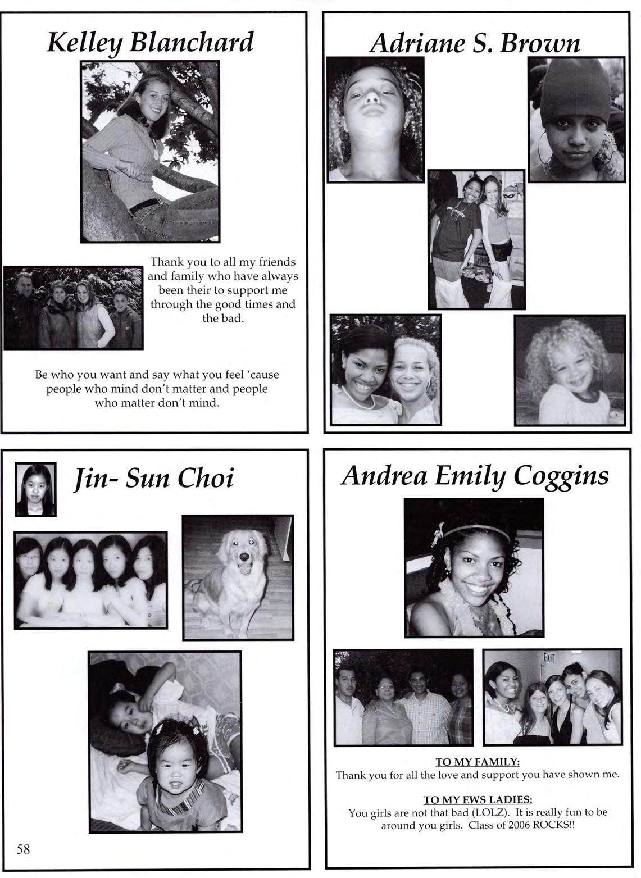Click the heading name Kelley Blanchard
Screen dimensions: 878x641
coord(150,42)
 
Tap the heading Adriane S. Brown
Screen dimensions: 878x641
coord(475,42)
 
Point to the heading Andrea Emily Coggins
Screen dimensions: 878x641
coord(475,476)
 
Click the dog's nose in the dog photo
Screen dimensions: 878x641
coord(243,557)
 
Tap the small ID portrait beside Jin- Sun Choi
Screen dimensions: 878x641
coord(35,489)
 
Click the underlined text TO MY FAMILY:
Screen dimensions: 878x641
coord(478,762)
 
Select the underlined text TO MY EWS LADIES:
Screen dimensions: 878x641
coord(478,800)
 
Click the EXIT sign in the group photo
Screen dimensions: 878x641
coord(549,657)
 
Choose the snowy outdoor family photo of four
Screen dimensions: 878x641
coord(73,308)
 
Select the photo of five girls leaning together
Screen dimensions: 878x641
coord(90,580)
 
